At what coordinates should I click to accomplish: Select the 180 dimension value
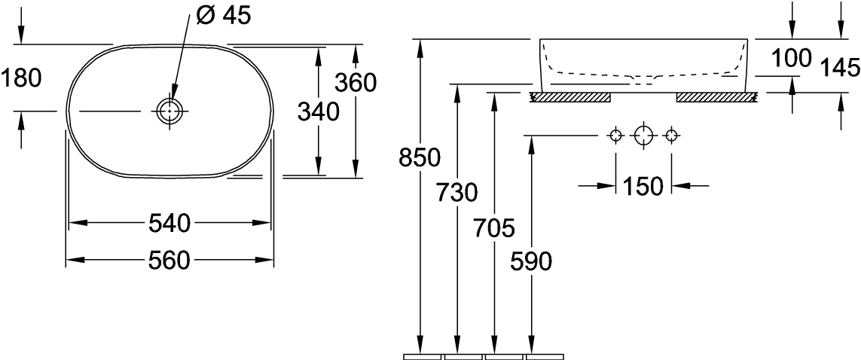20,77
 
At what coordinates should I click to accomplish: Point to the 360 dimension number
355,83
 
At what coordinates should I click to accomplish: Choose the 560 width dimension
169,261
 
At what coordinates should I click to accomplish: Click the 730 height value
457,193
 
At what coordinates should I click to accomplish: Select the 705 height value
493,226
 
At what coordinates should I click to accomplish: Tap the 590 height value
531,261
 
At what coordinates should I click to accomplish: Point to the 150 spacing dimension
643,185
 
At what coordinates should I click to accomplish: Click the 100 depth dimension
791,58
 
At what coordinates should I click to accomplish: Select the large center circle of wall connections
643,136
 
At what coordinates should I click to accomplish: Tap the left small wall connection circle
615,136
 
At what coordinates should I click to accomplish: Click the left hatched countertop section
570,97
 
